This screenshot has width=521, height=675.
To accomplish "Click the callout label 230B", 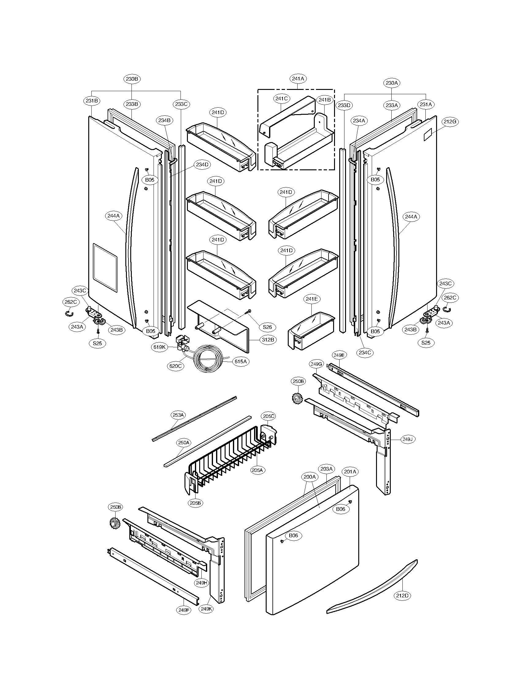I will (x=132, y=79).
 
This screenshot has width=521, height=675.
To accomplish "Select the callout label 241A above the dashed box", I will (x=298, y=79).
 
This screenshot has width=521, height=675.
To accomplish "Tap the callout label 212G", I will (x=450, y=122).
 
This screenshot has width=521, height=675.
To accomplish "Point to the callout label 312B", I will (x=268, y=340).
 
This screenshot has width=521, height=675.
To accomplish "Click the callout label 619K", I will (x=160, y=347).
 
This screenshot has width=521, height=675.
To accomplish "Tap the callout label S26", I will (x=268, y=327).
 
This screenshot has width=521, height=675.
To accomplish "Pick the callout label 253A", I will (x=178, y=415).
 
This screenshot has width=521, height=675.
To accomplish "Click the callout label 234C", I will (x=365, y=353).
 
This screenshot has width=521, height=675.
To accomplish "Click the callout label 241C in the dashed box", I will (x=281, y=98).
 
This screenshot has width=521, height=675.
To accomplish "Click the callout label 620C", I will (x=176, y=366).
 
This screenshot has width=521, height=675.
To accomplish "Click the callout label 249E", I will (x=339, y=355).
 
